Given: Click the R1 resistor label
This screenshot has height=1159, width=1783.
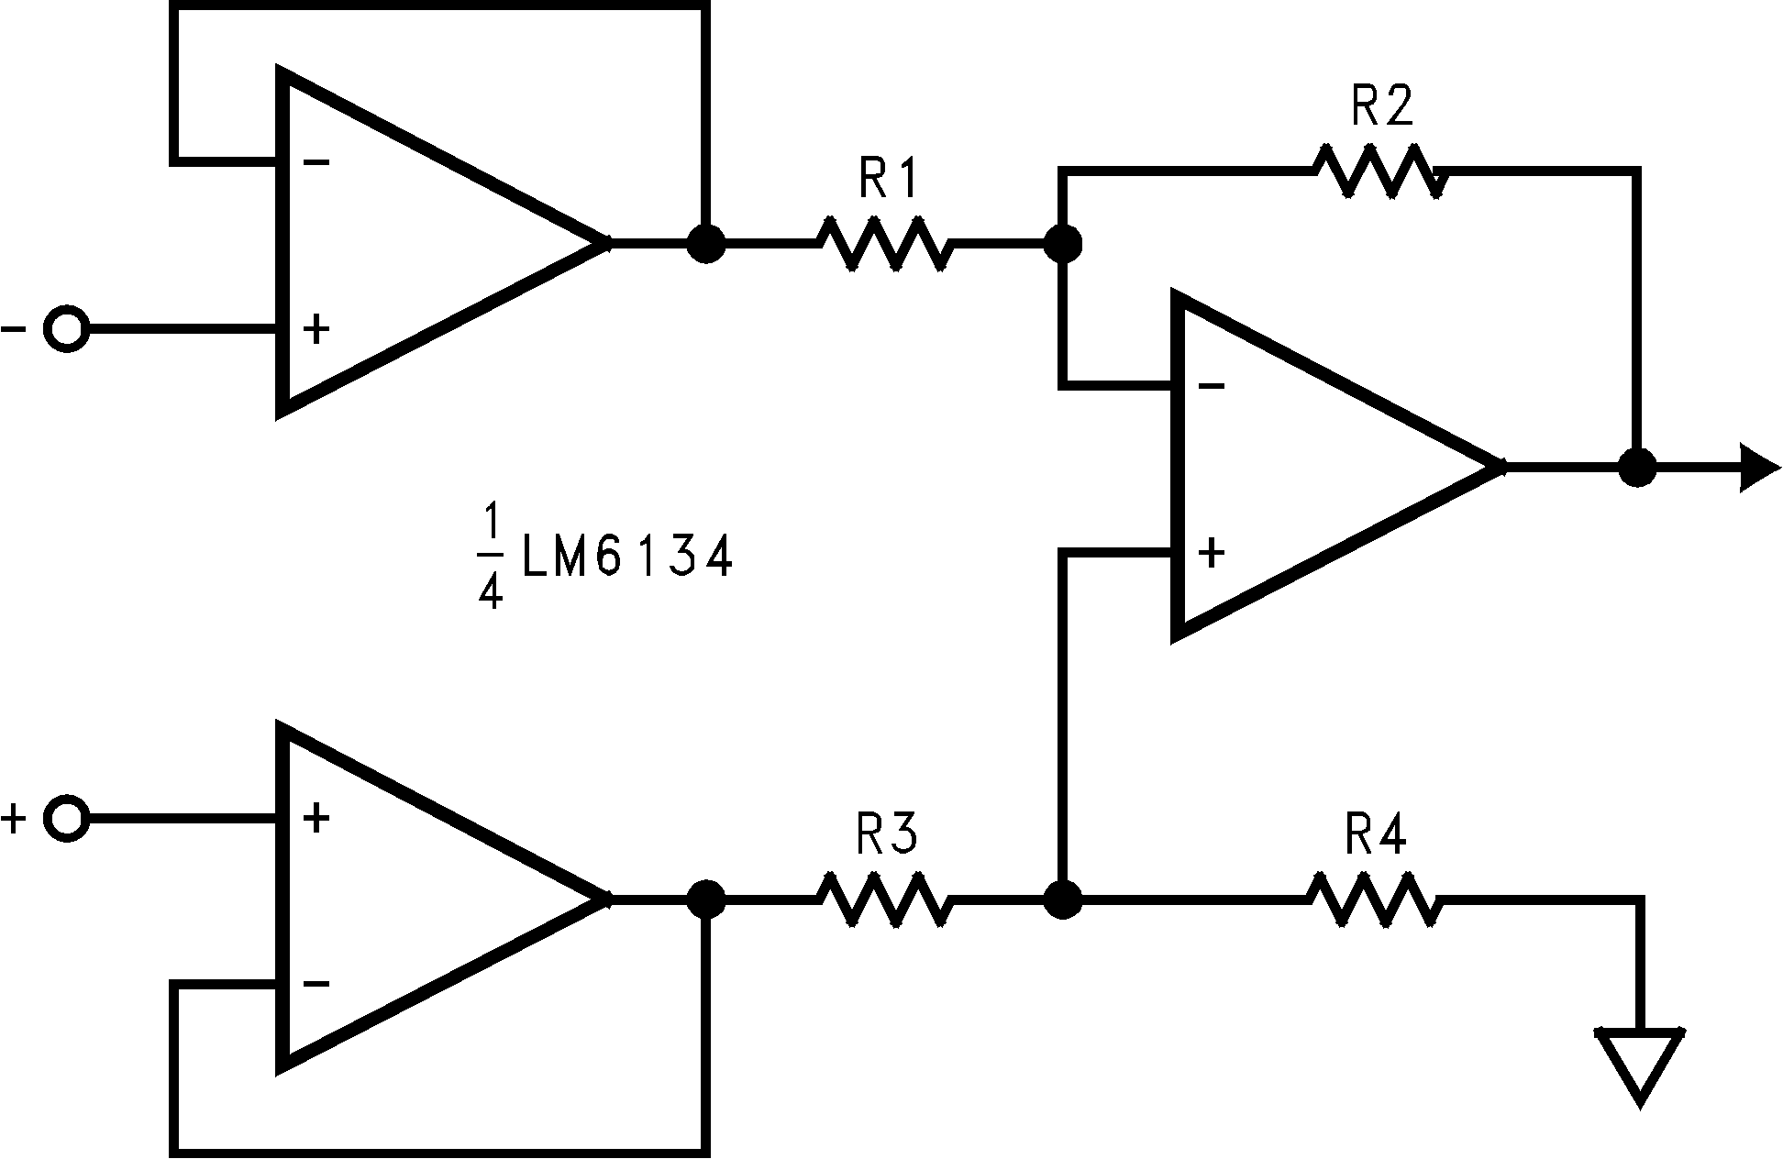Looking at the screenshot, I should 888,180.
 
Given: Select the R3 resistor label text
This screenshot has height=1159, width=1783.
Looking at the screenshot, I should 886,834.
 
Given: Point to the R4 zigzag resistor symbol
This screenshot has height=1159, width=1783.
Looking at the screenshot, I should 1374,900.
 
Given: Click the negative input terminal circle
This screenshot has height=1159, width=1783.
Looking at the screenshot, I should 67,328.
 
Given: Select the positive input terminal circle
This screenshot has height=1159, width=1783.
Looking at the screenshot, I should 67,818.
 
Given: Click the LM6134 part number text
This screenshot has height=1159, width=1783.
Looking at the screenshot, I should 627,557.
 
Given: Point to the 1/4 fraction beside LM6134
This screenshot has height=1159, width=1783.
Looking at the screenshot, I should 491,557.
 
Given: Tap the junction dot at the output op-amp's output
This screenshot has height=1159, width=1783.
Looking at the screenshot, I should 1637,468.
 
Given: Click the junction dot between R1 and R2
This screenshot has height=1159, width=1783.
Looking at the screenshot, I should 1063,244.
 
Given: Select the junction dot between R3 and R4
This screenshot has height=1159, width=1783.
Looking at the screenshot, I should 1063,900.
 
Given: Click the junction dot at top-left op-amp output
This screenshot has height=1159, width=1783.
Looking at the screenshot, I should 705,244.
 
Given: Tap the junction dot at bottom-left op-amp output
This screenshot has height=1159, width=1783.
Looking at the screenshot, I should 705,900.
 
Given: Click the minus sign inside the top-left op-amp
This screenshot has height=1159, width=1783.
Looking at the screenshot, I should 316,163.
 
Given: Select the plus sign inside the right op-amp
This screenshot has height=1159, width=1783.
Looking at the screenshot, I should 1211,553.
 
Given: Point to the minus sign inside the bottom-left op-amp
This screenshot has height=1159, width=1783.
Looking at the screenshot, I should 316,984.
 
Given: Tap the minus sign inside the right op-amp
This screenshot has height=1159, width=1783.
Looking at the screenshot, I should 1211,387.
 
